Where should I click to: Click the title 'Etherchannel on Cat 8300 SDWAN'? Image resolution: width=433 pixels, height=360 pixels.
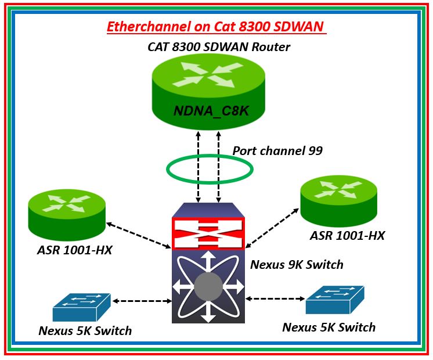(216, 27)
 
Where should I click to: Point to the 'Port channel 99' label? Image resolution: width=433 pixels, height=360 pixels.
(277, 150)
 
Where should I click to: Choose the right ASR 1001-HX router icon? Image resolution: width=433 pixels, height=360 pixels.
(338, 201)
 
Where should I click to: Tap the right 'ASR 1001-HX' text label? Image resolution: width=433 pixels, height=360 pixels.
(347, 235)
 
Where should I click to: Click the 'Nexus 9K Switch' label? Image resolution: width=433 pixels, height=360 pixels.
(297, 265)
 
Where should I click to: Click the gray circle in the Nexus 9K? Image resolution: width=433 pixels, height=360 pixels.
(208, 287)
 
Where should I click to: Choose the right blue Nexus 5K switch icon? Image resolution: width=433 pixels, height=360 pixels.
(335, 300)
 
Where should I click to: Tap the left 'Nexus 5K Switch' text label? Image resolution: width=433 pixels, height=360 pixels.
(85, 331)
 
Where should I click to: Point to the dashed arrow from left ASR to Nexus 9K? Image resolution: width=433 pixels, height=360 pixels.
(138, 232)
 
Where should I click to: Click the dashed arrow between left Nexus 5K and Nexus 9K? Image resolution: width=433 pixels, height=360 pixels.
(142, 301)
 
